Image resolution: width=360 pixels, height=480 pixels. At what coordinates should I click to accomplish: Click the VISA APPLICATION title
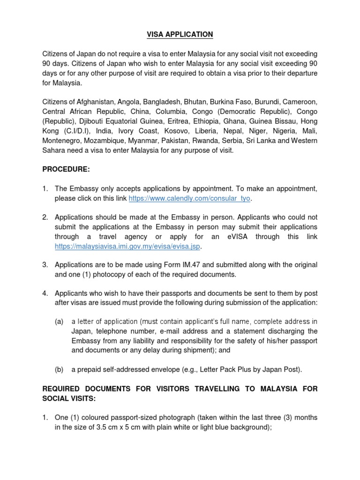pyautogui.click(x=180, y=34)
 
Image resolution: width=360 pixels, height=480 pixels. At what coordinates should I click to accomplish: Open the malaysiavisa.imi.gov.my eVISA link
pyautogui.click(x=130, y=246)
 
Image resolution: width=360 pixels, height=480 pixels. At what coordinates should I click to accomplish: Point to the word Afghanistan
pyautogui.click(x=94, y=102)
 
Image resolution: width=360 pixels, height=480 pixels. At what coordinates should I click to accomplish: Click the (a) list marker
pyautogui.click(x=59, y=322)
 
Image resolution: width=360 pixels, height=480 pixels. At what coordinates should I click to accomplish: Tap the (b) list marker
pyautogui.click(x=59, y=369)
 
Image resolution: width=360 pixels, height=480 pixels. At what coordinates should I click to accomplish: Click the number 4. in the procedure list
pyautogui.click(x=45, y=293)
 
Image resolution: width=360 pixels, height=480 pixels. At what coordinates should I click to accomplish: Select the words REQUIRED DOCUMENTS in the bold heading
pyautogui.click(x=87, y=389)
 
